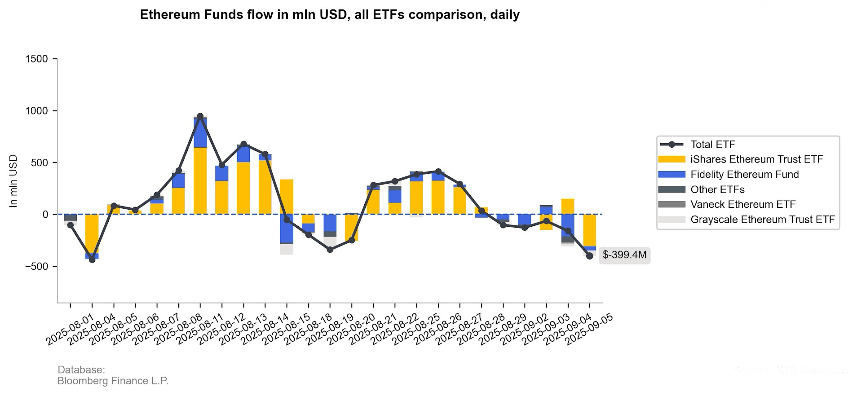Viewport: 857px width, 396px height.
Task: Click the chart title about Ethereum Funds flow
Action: pyautogui.click(x=330, y=15)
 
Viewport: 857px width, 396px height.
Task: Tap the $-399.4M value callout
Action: pyautogui.click(x=624, y=255)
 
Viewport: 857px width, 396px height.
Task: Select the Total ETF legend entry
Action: pyautogui.click(x=712, y=145)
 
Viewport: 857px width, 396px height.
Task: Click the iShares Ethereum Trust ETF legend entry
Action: pyautogui.click(x=756, y=159)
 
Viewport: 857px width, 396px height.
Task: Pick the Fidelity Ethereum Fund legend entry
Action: pyautogui.click(x=744, y=175)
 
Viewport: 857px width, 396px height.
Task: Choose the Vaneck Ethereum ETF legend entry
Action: pyautogui.click(x=742, y=205)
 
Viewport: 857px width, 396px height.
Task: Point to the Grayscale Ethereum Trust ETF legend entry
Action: pyautogui.click(x=762, y=220)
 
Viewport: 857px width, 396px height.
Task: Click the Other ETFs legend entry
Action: pyautogui.click(x=717, y=189)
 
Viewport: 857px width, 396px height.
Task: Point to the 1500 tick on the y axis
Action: pyautogui.click(x=37, y=59)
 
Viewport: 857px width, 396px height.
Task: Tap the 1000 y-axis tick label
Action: pyautogui.click(x=37, y=111)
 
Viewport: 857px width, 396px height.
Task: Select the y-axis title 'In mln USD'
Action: pyautogui.click(x=13, y=181)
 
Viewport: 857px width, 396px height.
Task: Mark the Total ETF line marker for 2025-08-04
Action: pyautogui.click(x=92, y=260)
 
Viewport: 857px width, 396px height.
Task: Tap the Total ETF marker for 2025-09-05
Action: pyautogui.click(x=590, y=256)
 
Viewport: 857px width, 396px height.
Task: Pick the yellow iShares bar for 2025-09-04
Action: pyautogui.click(x=568, y=207)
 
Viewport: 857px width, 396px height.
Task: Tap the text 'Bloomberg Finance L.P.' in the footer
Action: pyautogui.click(x=113, y=381)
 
